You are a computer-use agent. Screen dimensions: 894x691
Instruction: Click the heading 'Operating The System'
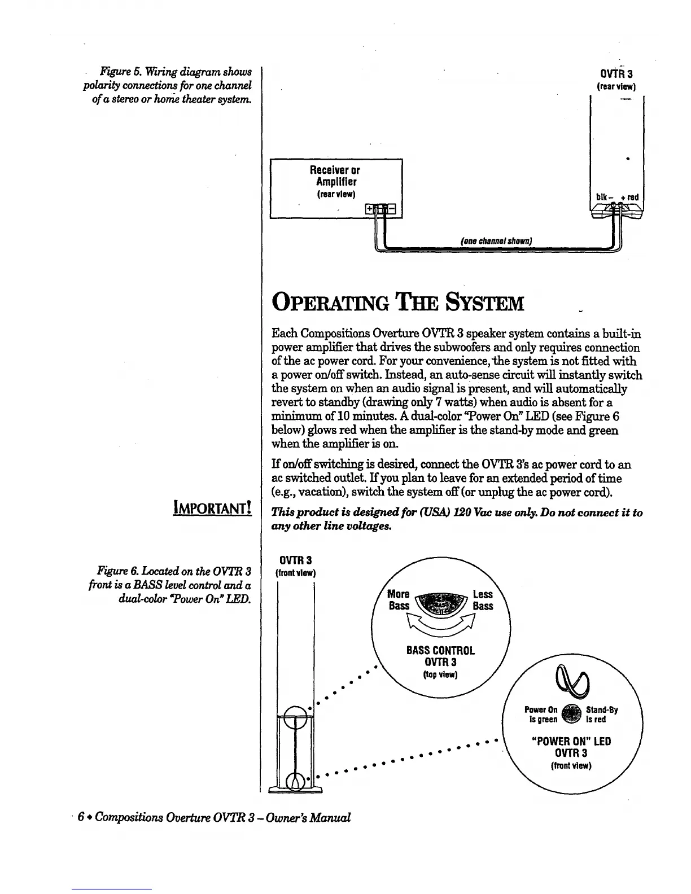coord(398,303)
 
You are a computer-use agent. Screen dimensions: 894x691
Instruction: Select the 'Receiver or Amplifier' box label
coord(335,176)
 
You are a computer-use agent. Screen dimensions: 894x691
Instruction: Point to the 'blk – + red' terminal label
coord(616,198)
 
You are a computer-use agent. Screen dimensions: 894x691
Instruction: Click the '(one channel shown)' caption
coord(497,242)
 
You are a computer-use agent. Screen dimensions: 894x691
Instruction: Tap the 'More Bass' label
coord(399,600)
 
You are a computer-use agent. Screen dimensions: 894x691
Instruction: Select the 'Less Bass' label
coord(483,600)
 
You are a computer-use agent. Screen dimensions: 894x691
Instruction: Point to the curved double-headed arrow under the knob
coord(441,625)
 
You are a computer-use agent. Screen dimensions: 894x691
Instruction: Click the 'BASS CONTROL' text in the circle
coord(441,650)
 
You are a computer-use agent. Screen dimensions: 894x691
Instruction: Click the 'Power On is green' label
coord(541,715)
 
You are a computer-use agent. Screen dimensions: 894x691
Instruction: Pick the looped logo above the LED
coord(572,680)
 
